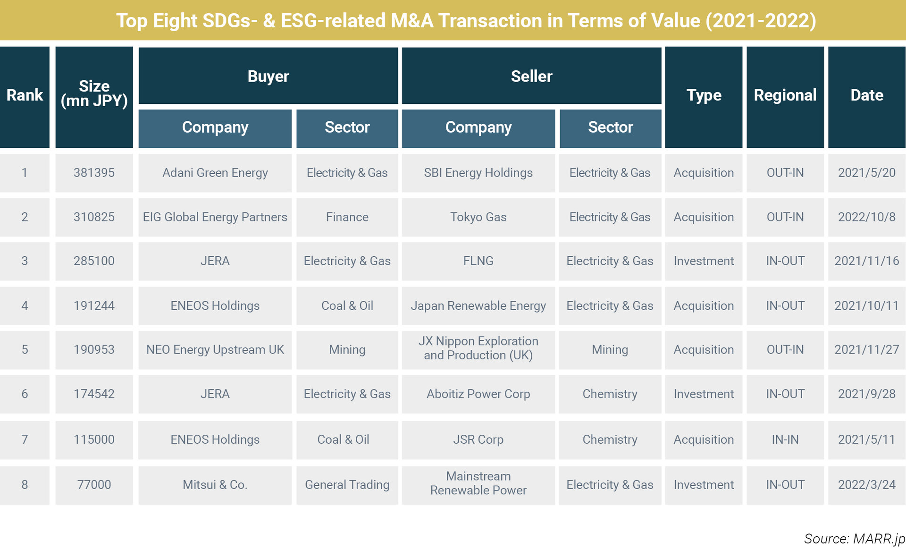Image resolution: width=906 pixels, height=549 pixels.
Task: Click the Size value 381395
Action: pos(94,173)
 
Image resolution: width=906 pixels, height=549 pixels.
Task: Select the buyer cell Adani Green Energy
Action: pos(215,173)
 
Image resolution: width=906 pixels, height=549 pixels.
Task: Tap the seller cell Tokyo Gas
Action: pos(478,217)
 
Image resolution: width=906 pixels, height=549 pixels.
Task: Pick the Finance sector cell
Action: pos(347,217)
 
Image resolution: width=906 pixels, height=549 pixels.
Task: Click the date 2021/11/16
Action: pos(867,261)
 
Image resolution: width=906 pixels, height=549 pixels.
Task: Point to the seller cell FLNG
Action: pos(478,261)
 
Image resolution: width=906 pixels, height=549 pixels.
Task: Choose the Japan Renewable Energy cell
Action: pos(478,306)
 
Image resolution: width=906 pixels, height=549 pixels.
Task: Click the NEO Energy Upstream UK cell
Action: pos(215,350)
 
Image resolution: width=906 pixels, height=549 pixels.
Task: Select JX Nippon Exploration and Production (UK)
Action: pos(478,348)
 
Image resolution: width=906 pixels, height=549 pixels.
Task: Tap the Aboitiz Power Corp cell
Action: pos(478,394)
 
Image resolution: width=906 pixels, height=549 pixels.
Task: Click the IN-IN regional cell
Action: pos(785,439)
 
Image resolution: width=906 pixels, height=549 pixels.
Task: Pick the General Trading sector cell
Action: pos(347,485)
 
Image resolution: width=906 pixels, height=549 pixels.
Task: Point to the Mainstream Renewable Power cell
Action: pos(478,483)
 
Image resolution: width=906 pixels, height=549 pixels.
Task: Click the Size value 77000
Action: pos(94,485)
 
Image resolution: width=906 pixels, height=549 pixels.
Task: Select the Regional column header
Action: pos(785,95)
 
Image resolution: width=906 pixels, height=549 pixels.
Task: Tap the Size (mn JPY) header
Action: pos(94,93)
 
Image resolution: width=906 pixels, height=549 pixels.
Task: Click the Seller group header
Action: pos(532,76)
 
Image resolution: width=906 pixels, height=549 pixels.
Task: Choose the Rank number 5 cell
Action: pos(25,350)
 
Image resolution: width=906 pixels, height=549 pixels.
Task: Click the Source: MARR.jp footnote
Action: pos(855,539)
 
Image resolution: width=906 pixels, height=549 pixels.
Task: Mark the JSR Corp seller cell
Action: pos(478,439)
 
